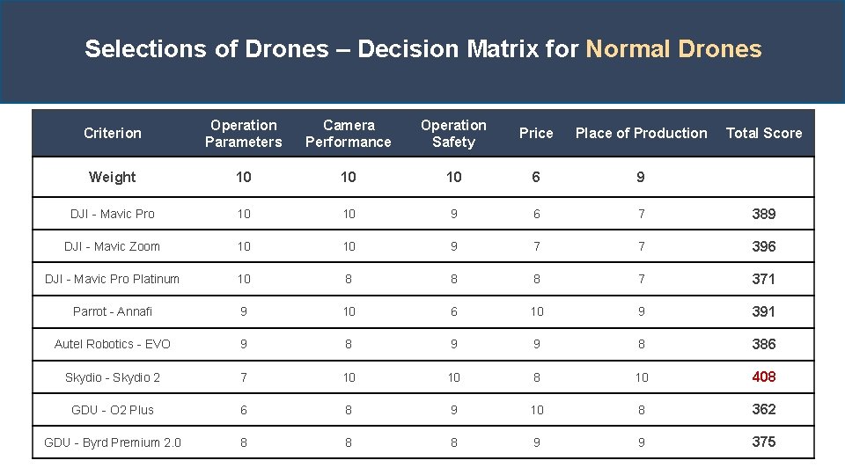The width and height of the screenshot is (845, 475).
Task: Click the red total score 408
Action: tap(763, 376)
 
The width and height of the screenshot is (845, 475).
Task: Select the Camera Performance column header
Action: tap(349, 134)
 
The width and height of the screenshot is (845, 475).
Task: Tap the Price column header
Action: tap(536, 134)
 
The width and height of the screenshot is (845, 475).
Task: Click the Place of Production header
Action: tap(641, 134)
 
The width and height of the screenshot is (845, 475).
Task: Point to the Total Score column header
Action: tap(763, 134)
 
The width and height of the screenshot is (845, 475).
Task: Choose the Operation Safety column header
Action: tap(453, 134)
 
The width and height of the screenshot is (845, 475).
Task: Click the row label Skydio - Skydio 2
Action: tap(113, 377)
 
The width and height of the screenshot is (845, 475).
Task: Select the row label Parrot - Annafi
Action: tap(113, 311)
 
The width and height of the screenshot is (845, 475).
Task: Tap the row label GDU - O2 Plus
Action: tap(113, 410)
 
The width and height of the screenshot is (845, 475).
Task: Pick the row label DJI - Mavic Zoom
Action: tap(113, 246)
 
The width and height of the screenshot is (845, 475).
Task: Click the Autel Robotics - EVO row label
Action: tap(113, 344)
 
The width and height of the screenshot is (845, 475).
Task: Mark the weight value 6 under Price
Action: tap(536, 178)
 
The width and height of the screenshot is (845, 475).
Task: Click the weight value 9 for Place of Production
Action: tap(641, 178)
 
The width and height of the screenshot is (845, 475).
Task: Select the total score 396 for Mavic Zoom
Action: tap(763, 246)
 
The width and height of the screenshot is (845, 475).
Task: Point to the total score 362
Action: tap(763, 409)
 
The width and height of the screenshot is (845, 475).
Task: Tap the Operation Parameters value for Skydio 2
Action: tap(244, 377)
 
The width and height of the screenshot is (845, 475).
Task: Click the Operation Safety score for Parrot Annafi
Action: tap(453, 311)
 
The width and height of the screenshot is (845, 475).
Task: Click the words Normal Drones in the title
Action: tap(673, 49)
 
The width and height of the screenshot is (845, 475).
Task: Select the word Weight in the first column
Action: tap(113, 178)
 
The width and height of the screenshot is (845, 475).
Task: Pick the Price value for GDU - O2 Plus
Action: tap(536, 410)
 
